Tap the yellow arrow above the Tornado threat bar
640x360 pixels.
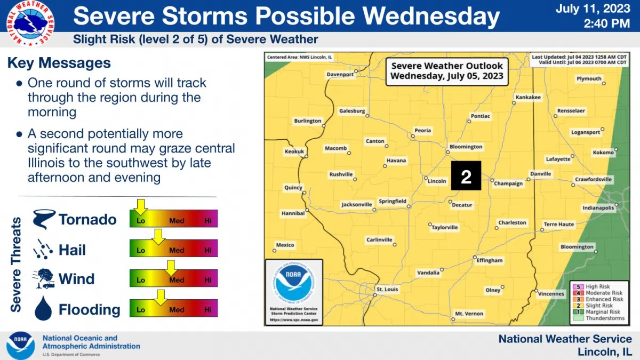coord(140,205)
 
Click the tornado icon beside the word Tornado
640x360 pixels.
coord(43,219)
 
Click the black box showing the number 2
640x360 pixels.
coord(466,176)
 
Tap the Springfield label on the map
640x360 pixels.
coord(392,201)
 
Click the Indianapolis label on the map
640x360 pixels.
coord(598,207)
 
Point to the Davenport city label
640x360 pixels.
coord(340,74)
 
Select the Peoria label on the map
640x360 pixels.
coord(423,130)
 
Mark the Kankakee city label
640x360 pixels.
coord(528,98)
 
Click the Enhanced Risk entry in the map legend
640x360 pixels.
coord(604,299)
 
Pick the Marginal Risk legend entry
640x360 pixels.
coord(603,312)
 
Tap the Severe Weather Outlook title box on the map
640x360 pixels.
coord(446,71)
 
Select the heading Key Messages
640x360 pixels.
coord(59,63)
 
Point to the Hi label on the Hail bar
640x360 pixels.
coord(207,250)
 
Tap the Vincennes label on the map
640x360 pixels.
coord(551,293)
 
